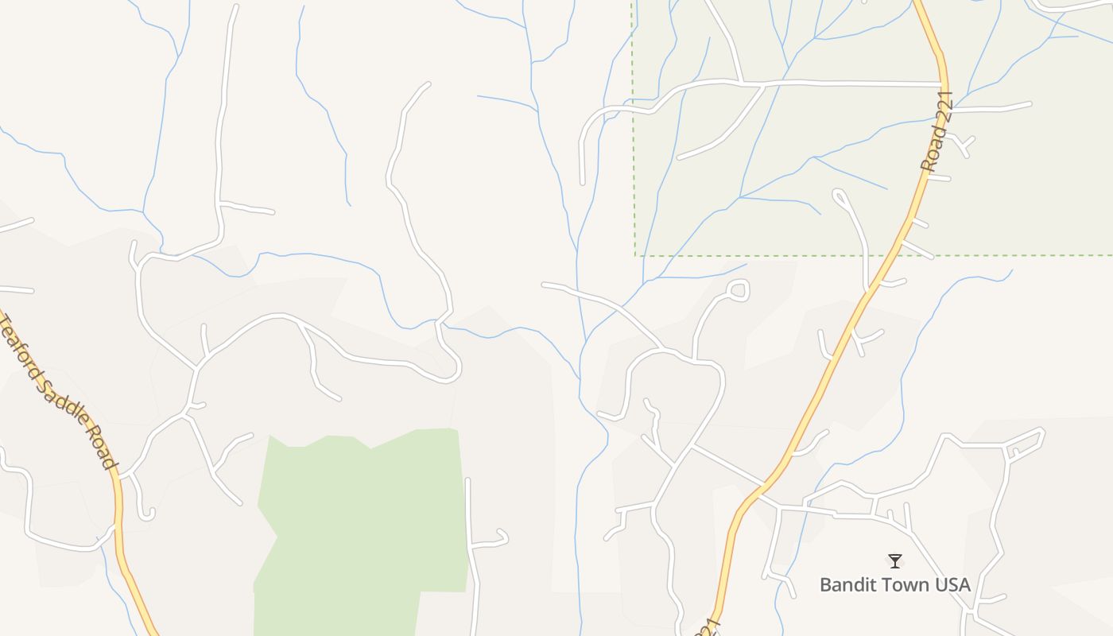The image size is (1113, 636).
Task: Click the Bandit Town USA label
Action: pos(894,585)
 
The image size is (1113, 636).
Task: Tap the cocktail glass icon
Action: pos(895,561)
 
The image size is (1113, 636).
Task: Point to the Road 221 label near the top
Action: pos(937,132)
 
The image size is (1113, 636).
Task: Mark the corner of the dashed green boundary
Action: pos(635,255)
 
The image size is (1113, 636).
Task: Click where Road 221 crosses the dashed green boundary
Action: pos(894,255)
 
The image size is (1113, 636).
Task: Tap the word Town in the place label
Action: pos(902,585)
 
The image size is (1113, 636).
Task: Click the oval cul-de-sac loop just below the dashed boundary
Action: pos(739,290)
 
